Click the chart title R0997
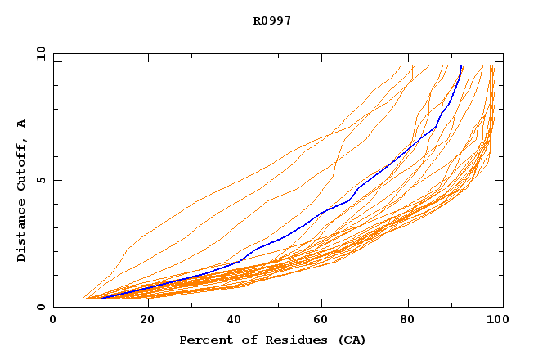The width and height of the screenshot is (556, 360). click(x=272, y=20)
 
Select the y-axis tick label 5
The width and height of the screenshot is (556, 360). click(x=40, y=180)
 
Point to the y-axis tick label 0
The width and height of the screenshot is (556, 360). click(x=40, y=307)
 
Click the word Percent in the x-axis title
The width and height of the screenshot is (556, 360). click(x=201, y=340)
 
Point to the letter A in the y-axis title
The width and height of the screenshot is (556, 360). click(x=22, y=124)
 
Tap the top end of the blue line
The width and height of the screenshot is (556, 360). click(x=462, y=66)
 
